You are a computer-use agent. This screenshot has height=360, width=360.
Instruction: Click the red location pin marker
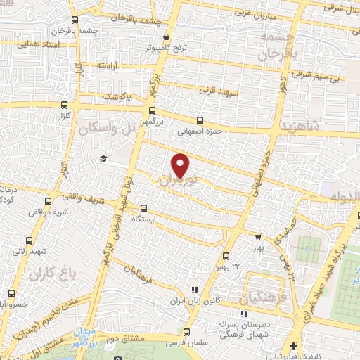(181, 165)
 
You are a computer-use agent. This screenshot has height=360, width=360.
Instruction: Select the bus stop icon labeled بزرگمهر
(153, 110)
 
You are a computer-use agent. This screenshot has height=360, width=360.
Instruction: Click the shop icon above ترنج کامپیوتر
(166, 37)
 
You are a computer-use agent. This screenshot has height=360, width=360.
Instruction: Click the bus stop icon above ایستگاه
(143, 208)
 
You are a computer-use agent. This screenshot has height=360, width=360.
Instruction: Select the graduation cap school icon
(103, 159)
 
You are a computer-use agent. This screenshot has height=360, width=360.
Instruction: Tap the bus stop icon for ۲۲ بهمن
(226, 257)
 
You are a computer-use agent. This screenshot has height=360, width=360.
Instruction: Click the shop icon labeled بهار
(258, 237)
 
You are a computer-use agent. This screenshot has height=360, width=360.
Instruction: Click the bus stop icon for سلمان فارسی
(186, 332)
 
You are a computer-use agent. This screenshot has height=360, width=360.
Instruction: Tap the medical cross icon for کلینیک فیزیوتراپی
(292, 347)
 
